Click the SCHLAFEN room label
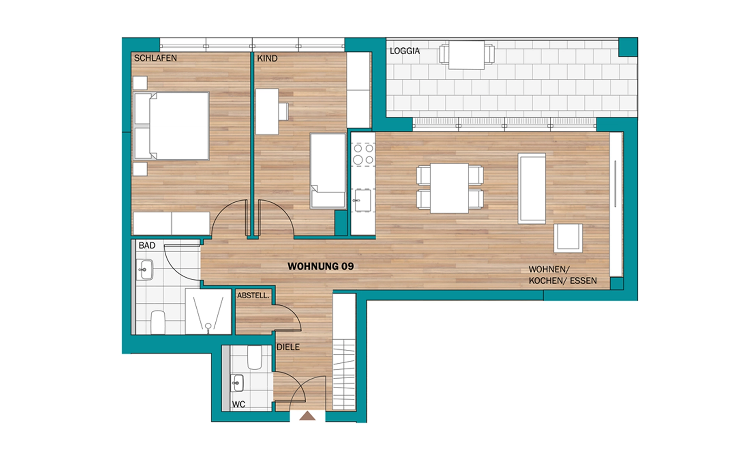click(x=155, y=58)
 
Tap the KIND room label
click(x=267, y=59)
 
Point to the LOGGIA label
click(x=405, y=51)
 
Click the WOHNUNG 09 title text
click(x=321, y=266)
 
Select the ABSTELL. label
click(x=253, y=295)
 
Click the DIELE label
click(x=288, y=347)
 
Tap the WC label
click(x=238, y=404)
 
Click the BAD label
click(x=147, y=246)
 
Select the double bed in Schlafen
click(x=171, y=126)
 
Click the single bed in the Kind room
click(x=328, y=171)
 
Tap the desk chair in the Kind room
click(x=283, y=111)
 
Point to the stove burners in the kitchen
click(x=363, y=154)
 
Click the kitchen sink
click(x=362, y=200)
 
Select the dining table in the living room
click(x=449, y=188)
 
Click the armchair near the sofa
click(x=568, y=238)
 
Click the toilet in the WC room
click(x=254, y=357)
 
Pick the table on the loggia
click(x=467, y=55)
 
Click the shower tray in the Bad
click(x=208, y=311)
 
